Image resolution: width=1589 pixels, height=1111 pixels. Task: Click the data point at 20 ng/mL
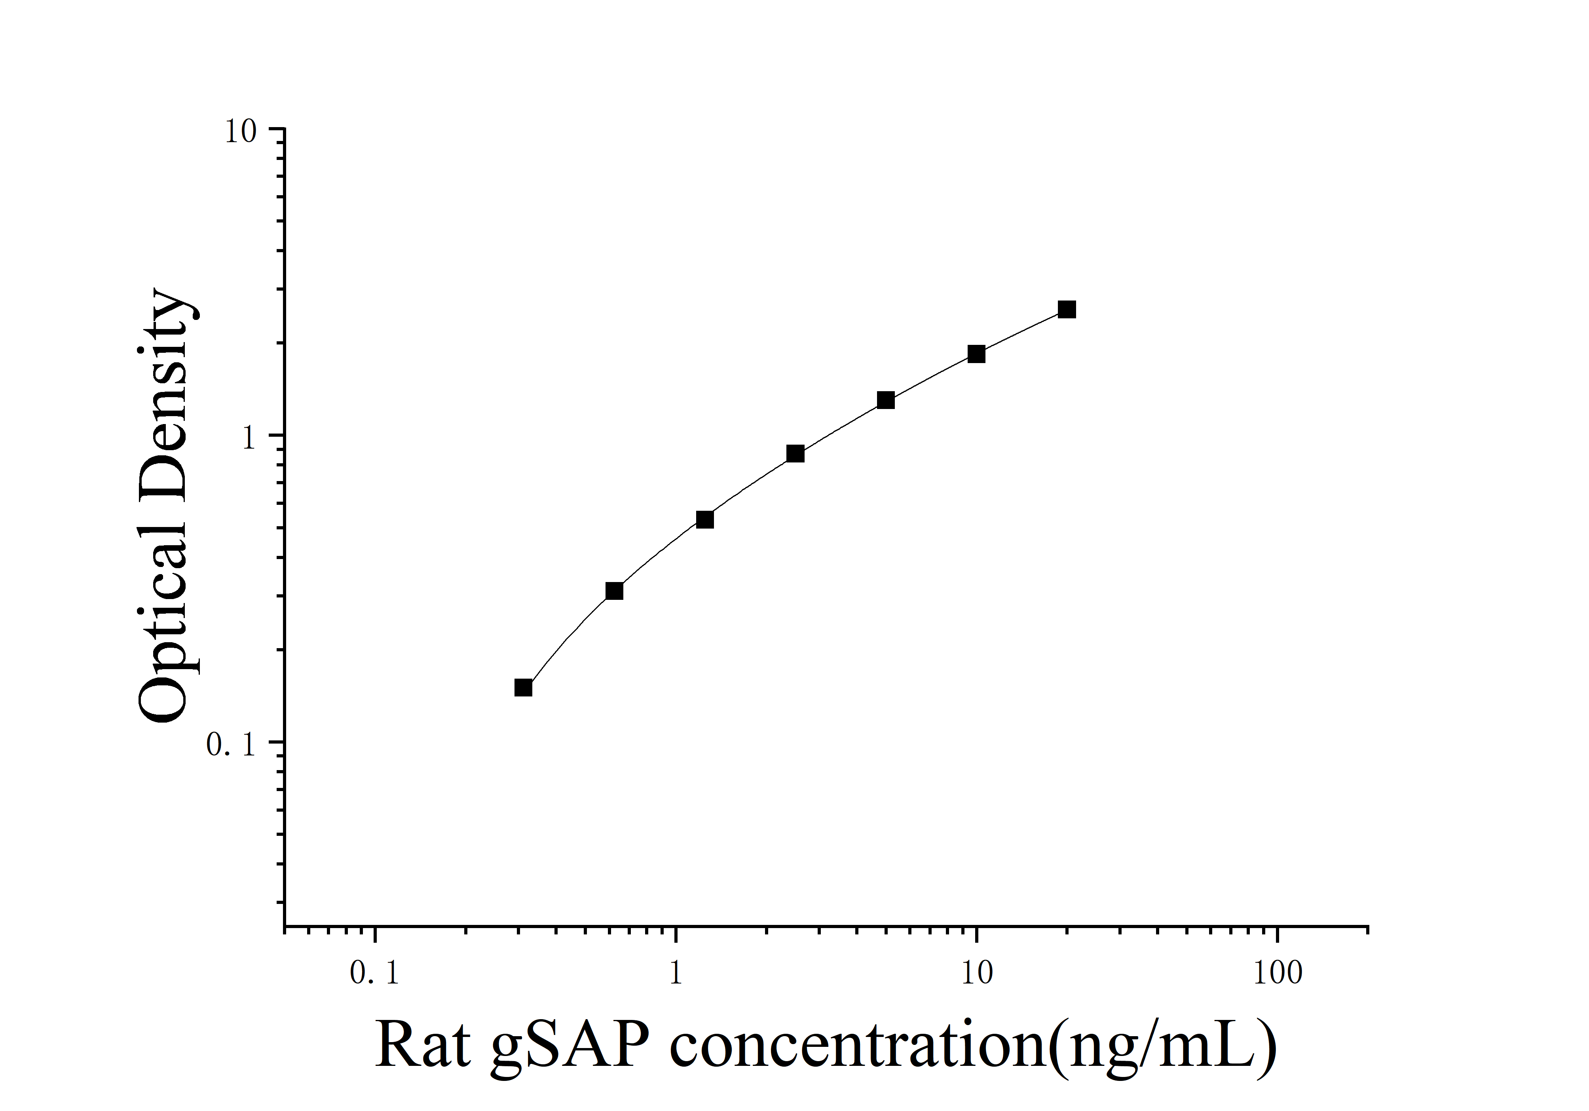(x=1067, y=309)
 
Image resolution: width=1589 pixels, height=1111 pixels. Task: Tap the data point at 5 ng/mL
(x=885, y=400)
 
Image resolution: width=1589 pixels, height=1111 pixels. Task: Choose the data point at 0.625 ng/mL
(x=614, y=591)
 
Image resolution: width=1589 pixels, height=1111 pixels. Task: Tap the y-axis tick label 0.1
(x=233, y=745)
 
